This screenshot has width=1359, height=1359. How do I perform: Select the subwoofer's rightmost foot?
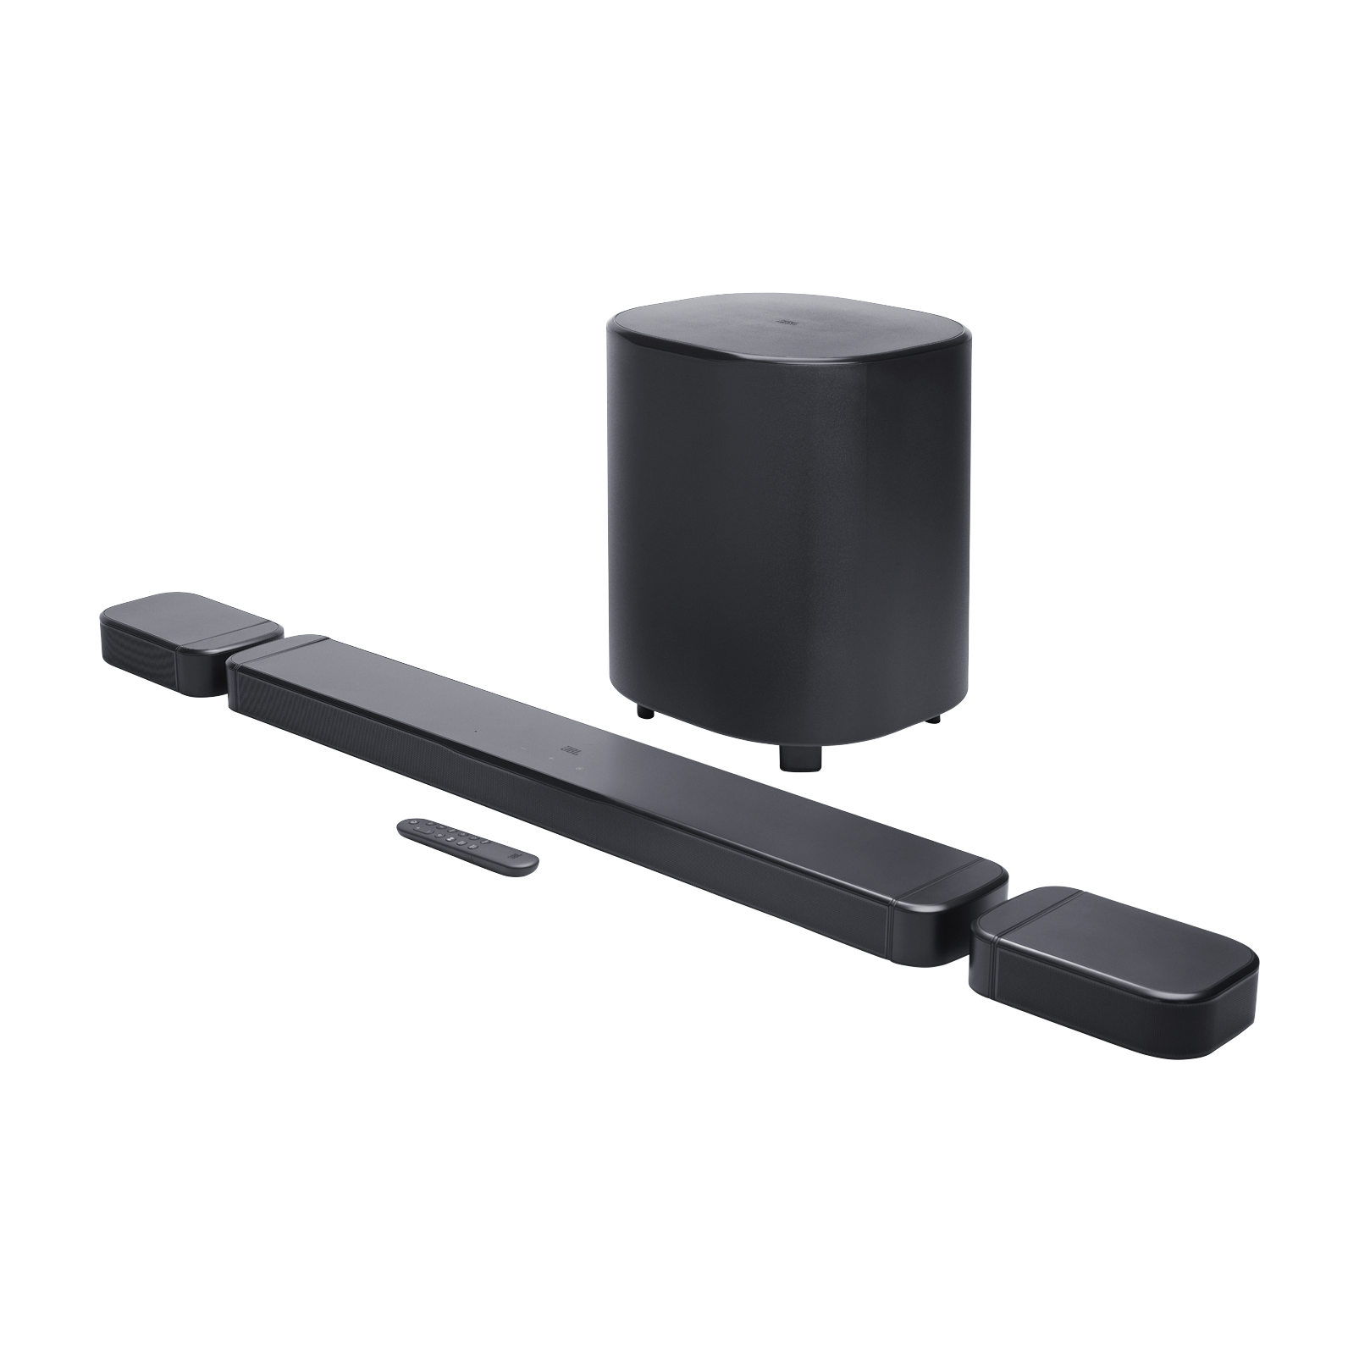pos(936,721)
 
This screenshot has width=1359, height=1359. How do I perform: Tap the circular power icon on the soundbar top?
pos(578,768)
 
